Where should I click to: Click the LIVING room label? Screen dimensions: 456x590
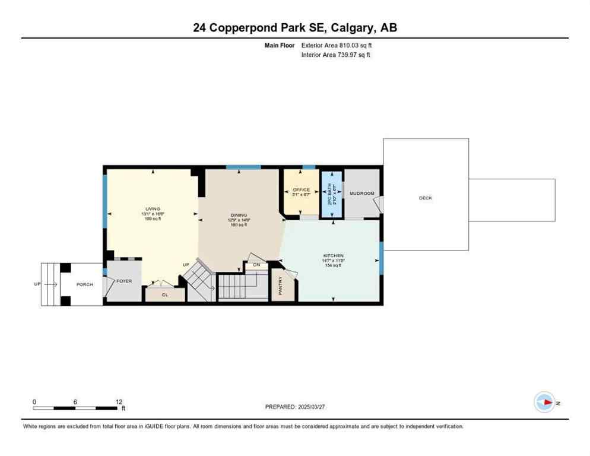pos(153,209)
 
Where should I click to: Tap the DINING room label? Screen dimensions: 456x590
pos(239,215)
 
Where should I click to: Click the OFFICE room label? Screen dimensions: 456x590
pos(302,190)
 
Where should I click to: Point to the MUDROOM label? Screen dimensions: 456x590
pos(361,193)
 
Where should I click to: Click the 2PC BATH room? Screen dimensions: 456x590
pos(331,194)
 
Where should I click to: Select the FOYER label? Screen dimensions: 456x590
pos(124,281)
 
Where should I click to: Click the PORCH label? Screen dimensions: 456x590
pos(85,284)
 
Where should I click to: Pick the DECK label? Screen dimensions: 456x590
pos(426,198)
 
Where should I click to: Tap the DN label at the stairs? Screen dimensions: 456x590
pos(256,265)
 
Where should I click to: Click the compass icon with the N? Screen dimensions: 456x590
pos(544,403)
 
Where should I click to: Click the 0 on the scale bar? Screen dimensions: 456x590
pos(34,401)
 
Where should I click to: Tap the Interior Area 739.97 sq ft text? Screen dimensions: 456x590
pos(336,55)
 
